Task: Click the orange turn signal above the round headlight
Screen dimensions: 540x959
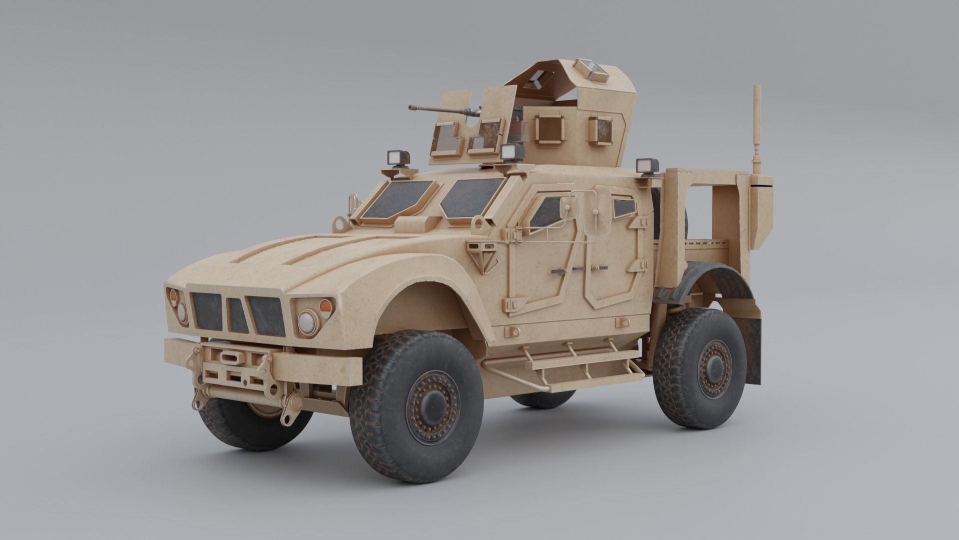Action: point(325,305)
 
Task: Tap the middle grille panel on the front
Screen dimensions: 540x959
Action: point(238,315)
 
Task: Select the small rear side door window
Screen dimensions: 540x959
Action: point(624,207)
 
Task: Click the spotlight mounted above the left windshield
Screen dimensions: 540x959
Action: point(399,158)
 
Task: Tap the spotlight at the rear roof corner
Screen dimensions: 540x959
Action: point(647,166)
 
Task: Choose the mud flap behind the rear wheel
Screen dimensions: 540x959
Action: point(753,350)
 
